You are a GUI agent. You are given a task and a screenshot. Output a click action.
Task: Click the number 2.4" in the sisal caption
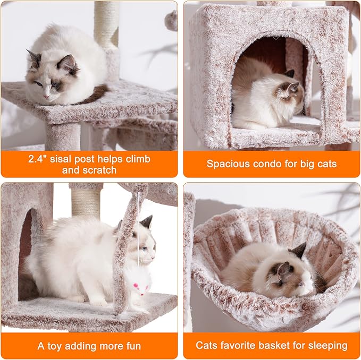[x=38, y=159]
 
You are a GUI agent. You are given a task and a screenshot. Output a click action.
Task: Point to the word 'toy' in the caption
[x=55, y=346]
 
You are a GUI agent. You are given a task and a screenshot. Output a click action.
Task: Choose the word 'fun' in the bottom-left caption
[x=132, y=346]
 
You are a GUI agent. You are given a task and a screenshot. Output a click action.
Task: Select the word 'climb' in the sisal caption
[x=137, y=159]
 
